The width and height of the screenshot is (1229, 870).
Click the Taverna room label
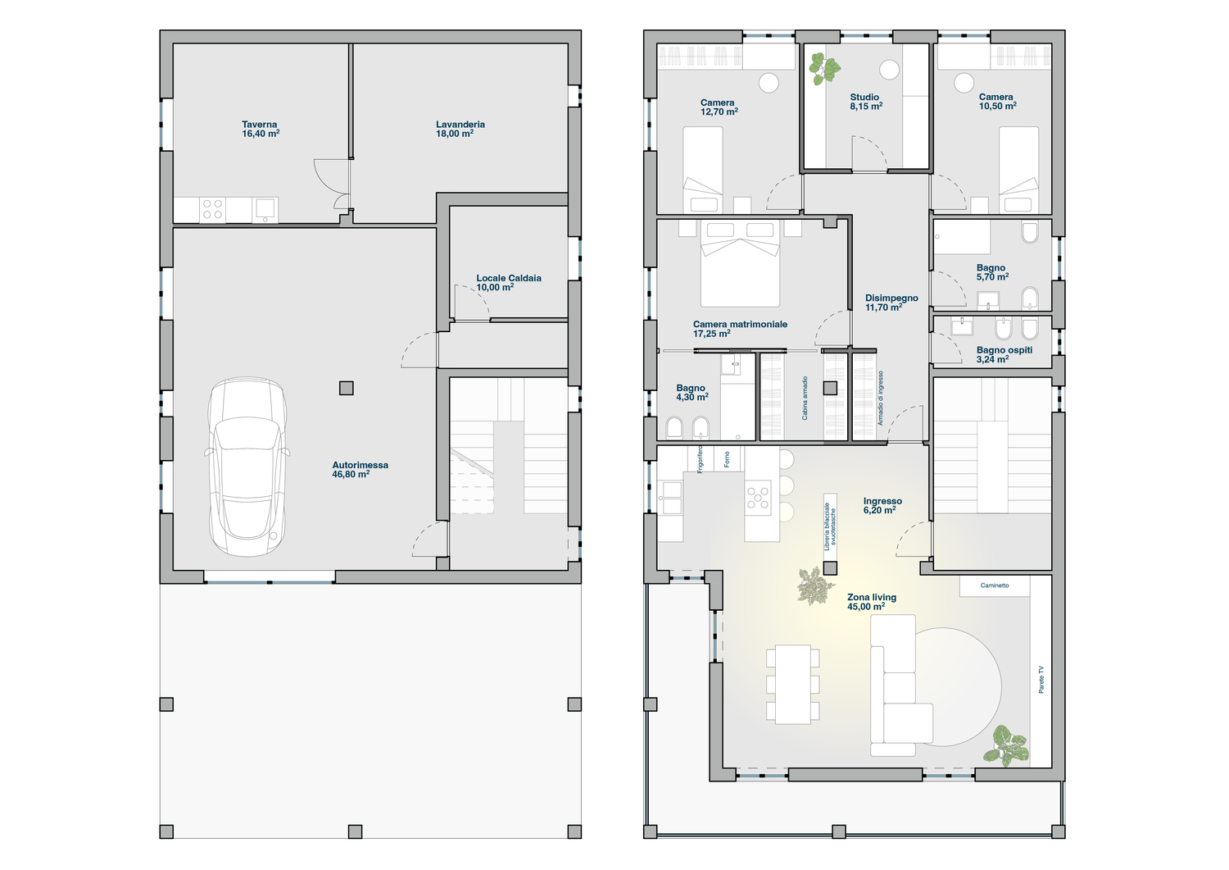pos(261,129)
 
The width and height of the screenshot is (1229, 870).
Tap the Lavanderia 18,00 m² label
pos(460,129)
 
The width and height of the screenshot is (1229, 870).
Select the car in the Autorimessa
pos(247,467)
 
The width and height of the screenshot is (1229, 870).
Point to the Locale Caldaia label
pos(509,282)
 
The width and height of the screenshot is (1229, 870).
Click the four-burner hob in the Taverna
pos(212,210)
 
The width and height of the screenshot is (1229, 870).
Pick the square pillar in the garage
pos(347,389)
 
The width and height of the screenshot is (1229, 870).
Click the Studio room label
pos(866,102)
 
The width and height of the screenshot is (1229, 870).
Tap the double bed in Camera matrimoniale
pos(740,264)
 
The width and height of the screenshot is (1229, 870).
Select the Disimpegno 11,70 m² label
pos(891,303)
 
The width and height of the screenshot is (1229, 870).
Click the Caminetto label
pos(995,585)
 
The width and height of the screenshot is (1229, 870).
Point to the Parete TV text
pos(1041,680)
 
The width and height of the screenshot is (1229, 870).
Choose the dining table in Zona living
pos(793,685)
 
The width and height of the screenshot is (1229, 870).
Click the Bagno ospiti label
pos(1004,354)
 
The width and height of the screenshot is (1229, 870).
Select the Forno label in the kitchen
pos(727,459)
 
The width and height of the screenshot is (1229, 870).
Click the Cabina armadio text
pos(805,399)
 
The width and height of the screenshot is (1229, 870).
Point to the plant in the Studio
pos(824,69)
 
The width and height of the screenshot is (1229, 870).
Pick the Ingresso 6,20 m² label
pos(882,505)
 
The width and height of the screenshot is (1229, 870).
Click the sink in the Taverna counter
pos(265,210)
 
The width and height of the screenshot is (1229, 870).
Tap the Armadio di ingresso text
pos(880,399)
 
